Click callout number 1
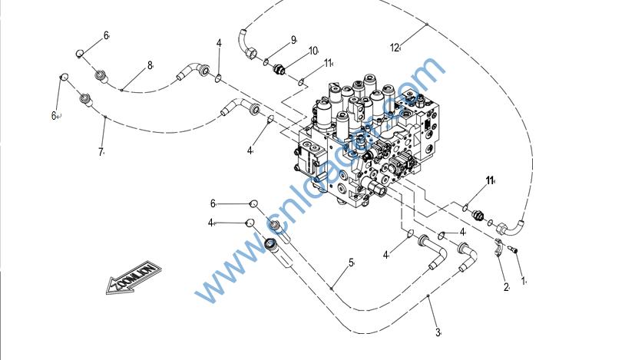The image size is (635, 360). pos(524,281)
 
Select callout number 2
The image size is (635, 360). pos(505,288)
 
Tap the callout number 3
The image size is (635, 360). pos(438,332)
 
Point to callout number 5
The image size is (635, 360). pos(351,263)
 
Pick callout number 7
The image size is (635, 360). pos(101,152)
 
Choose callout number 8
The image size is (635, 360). pos(150,65)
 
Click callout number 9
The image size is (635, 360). pos(293,40)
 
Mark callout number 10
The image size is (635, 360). pos(313,51)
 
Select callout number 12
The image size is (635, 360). pos(395,48)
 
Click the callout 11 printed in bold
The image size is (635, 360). pos(489,180)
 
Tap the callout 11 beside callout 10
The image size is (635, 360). pos(328,63)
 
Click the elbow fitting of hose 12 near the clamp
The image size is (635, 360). pos(508,226)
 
